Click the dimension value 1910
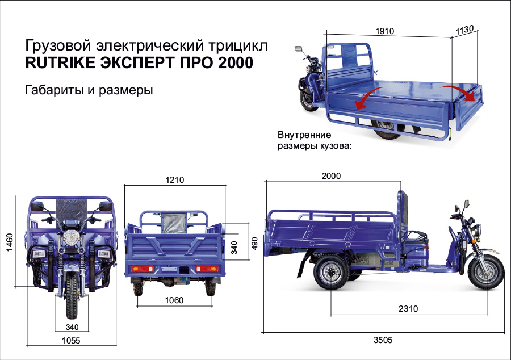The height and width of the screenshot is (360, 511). [384, 31]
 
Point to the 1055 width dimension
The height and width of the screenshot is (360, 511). [71, 341]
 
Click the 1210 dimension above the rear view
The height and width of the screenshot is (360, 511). [175, 180]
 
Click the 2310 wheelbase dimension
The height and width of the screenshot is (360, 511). [408, 309]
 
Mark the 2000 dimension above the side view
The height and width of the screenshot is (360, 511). [331, 176]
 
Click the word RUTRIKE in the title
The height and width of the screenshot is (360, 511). [60, 63]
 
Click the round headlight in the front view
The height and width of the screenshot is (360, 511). [71, 235]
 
